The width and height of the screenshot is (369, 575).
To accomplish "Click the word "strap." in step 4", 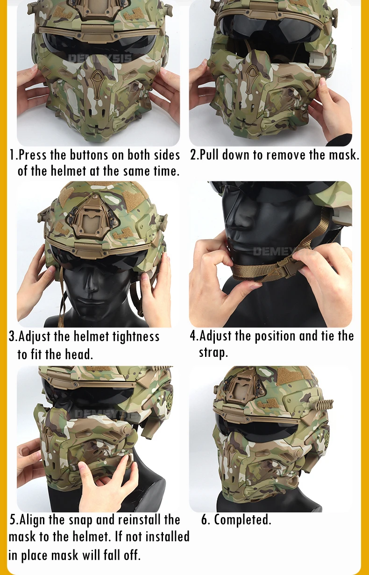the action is coord(213,352).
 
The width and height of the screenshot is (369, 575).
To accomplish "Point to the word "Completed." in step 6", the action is coord(242,519).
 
